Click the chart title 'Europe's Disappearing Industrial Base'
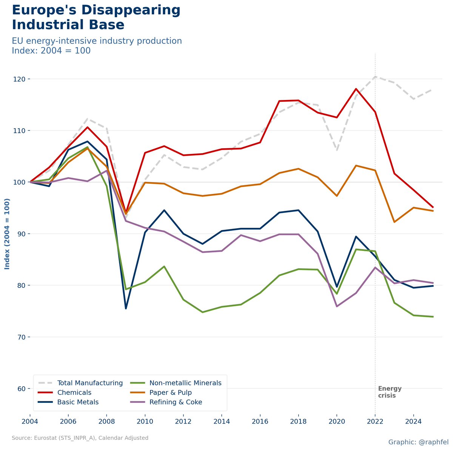[96, 17]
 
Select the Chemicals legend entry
[74, 393]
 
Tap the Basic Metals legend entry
[78, 402]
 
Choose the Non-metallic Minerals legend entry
[185, 383]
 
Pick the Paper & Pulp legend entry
[171, 393]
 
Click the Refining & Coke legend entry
[176, 402]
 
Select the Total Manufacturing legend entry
[90, 383]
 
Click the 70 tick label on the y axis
[22, 337]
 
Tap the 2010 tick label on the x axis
[145, 421]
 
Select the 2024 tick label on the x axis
[413, 421]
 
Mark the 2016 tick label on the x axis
[260, 421]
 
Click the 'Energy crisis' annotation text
[390, 392]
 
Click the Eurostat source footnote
[80, 438]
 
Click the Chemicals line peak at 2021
[356, 89]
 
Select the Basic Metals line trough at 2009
[126, 309]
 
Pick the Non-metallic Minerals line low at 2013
[202, 312]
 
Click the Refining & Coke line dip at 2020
[337, 306]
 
